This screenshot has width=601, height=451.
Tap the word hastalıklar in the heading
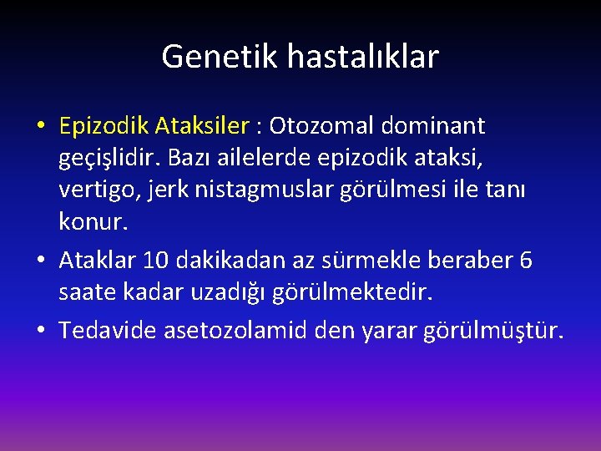point(362,57)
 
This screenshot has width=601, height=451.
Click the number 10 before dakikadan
point(154,261)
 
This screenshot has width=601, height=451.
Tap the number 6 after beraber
point(525,261)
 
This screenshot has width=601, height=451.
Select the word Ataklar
point(98,261)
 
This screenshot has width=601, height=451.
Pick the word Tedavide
point(106,332)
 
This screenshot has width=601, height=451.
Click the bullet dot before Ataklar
point(41,261)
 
